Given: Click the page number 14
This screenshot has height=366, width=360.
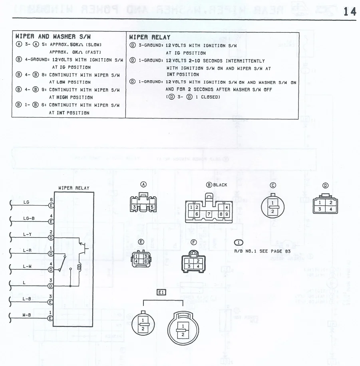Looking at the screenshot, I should [x=350, y=12].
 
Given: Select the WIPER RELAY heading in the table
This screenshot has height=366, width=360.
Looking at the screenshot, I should [x=150, y=37].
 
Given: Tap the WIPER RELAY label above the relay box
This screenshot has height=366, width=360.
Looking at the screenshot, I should [x=74, y=188].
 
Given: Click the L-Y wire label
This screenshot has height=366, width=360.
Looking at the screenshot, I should [x=27, y=234].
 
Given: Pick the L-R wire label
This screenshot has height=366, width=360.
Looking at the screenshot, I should [x=27, y=251].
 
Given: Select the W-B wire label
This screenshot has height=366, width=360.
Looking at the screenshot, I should [x=27, y=315].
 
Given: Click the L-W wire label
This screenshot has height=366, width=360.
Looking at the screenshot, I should [x=27, y=266].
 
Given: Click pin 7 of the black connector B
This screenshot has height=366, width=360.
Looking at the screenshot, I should [x=209, y=214].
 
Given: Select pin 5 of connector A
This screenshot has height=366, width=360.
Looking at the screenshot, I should [x=152, y=207].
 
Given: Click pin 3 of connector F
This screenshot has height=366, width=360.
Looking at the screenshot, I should [x=190, y=266].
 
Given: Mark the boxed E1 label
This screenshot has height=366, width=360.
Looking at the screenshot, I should [x=161, y=293].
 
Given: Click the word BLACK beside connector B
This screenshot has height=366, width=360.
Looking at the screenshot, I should [x=220, y=185].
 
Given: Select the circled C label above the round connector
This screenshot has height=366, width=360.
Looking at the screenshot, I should [x=273, y=185].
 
